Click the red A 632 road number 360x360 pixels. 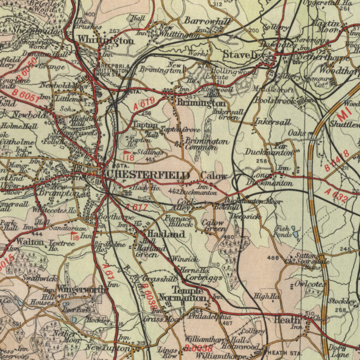point(337,195)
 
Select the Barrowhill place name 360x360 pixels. point(205,21)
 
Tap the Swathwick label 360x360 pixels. point(39,278)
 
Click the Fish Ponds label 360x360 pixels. point(283,231)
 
